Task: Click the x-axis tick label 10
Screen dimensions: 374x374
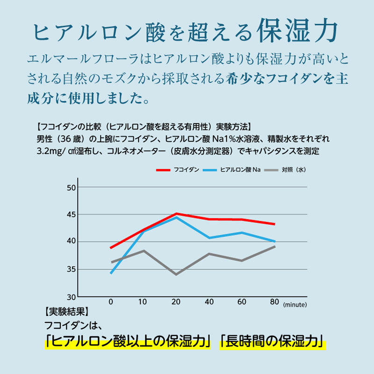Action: click(144, 302)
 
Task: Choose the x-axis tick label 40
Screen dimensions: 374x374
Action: click(209, 302)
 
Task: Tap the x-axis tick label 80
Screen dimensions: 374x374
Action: click(275, 302)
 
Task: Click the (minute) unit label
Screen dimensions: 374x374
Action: click(295, 304)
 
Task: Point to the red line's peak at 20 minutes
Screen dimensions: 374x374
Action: click(176, 214)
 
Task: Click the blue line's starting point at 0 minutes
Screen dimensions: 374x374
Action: click(111, 273)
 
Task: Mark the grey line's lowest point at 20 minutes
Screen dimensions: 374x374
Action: click(176, 274)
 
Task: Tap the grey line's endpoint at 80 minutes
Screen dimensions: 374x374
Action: click(275, 246)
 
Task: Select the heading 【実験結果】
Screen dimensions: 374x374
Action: click(66, 311)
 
